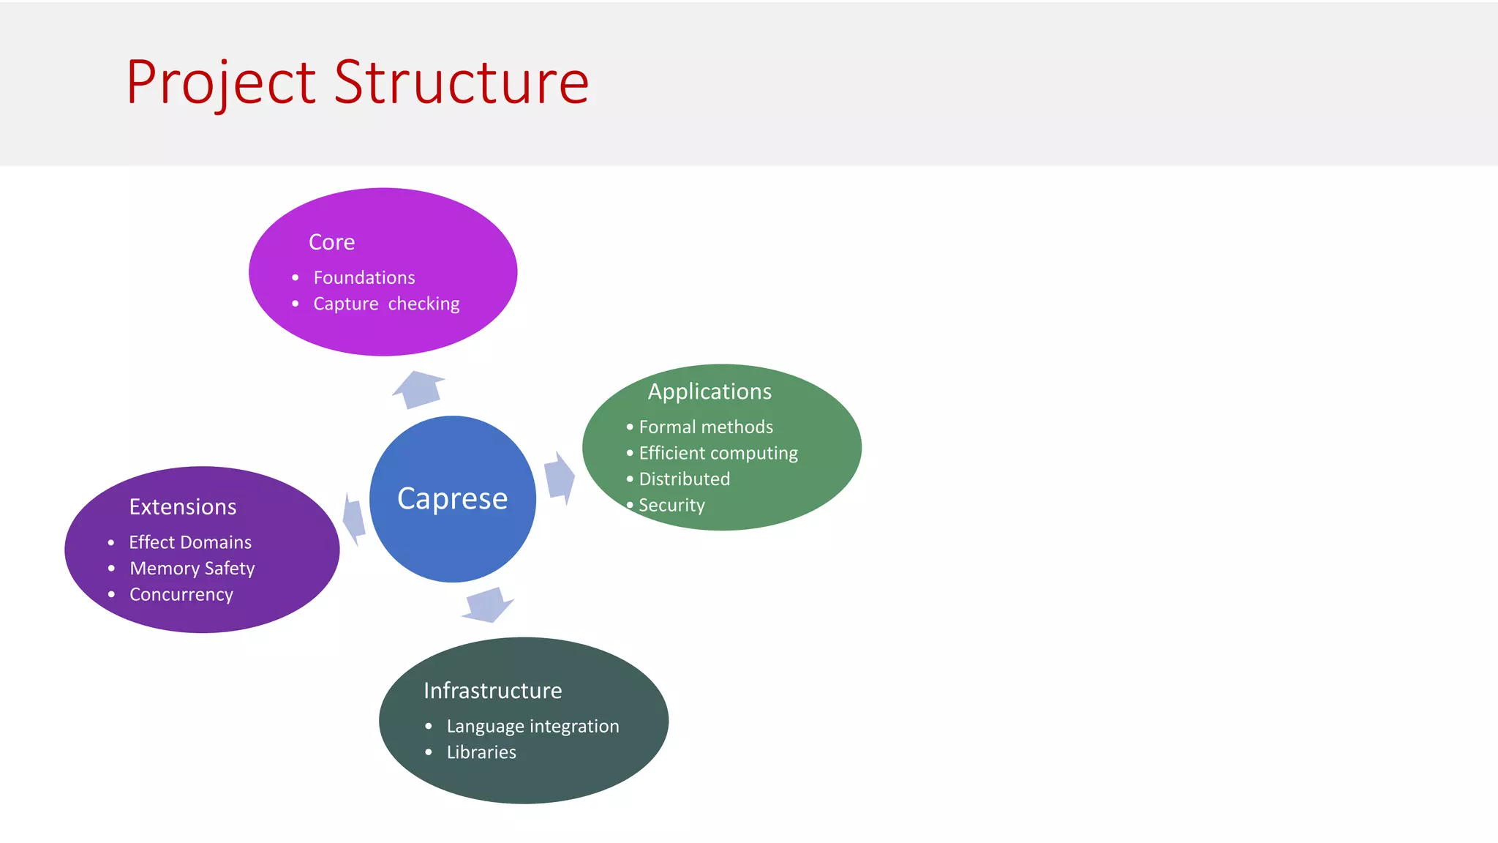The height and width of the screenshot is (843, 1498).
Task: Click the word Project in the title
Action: coord(221,82)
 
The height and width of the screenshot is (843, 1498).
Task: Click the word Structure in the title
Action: coord(462,82)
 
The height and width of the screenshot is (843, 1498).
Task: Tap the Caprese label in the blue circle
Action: coord(452,499)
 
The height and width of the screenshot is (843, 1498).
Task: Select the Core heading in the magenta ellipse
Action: coord(331,242)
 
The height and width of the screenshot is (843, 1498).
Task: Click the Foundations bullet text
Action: coord(364,278)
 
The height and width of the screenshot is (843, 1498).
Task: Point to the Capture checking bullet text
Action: coord(386,304)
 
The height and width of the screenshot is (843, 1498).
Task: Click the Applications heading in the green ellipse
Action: coord(710,391)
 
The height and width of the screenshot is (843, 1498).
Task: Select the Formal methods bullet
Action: coord(705,427)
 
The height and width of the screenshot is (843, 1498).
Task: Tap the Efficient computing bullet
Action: coord(718,453)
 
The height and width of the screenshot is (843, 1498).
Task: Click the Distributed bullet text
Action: coord(684,479)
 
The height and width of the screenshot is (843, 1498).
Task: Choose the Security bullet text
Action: coord(671,505)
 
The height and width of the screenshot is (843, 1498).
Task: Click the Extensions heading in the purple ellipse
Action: coord(183,507)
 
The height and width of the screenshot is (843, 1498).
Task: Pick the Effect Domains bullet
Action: coord(190,542)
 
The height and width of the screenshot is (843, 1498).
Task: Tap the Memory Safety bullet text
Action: coord(192,569)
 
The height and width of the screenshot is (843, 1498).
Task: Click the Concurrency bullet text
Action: coord(181,594)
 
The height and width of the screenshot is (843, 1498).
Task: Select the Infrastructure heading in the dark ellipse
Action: coord(492,691)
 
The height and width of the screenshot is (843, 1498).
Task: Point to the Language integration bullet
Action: coord(532,726)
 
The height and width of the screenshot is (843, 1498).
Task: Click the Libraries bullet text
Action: coord(481,752)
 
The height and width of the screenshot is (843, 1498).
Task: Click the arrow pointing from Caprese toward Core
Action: coord(419,389)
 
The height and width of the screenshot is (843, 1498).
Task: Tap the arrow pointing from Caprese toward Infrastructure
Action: coord(488,604)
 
